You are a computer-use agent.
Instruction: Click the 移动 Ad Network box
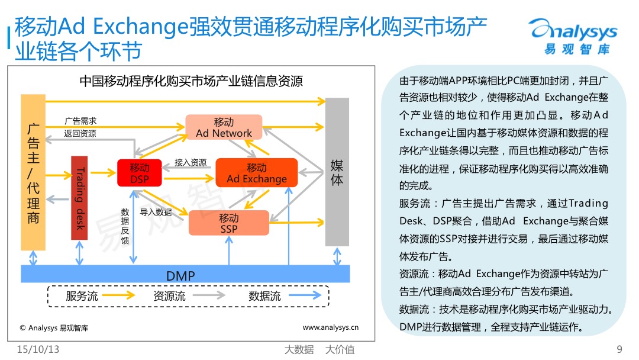224,128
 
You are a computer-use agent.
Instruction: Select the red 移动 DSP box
140,173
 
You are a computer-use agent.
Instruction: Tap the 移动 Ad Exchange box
257,173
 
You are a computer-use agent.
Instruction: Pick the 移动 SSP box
228,223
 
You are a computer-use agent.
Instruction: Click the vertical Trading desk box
79,198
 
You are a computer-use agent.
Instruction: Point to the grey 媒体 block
337,172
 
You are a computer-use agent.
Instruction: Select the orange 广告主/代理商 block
33,172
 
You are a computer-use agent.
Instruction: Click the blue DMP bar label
180,276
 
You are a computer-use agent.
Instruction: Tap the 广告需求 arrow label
80,121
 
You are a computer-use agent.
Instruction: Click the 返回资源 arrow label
80,133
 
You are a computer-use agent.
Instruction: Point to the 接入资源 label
191,162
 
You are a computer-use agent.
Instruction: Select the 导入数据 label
156,212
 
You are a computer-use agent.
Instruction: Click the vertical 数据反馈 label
125,226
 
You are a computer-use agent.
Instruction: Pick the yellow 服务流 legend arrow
118,295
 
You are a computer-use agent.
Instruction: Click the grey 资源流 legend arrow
209,295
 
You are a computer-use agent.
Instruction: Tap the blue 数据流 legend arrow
305,295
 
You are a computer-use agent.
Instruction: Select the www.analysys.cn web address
331,327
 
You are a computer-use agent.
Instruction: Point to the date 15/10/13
38,349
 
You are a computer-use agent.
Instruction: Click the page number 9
619,349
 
